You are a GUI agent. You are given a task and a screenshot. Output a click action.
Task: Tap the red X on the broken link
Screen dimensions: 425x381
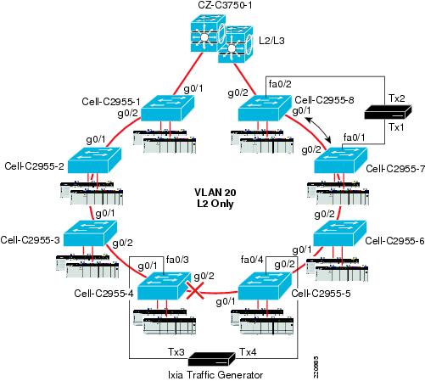click(195, 291)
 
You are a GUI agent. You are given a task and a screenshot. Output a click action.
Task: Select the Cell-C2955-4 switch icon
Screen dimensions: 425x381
click(164, 286)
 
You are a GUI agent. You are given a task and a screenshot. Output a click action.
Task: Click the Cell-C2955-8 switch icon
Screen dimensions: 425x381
click(265, 108)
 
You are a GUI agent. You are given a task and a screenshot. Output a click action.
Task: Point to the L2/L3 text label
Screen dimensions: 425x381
click(271, 41)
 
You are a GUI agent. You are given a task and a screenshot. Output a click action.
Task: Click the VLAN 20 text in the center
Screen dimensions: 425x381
click(215, 193)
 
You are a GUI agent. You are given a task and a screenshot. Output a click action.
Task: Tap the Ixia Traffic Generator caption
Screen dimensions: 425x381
click(215, 375)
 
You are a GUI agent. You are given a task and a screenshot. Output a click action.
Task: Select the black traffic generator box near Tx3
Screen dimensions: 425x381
click(212, 359)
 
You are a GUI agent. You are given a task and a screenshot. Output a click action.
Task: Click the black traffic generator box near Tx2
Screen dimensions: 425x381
click(388, 112)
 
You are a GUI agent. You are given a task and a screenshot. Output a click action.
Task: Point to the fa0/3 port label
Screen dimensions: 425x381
click(177, 260)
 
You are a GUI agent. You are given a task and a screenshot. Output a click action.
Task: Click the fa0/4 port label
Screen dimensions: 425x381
click(252, 260)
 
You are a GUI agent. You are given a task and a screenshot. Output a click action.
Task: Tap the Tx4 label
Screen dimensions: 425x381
click(248, 352)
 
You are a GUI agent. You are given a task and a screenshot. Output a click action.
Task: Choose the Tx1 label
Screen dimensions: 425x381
click(396, 127)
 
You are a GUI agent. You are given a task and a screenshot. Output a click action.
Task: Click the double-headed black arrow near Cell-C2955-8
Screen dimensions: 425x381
click(319, 131)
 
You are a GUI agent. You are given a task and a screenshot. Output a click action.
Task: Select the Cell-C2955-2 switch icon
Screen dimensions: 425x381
click(95, 160)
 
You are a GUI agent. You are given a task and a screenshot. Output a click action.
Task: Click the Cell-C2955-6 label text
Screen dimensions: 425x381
click(394, 241)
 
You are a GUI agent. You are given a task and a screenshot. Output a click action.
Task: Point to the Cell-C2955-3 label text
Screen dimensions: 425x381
click(31, 240)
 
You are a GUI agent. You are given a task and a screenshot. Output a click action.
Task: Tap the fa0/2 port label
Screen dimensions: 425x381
click(280, 84)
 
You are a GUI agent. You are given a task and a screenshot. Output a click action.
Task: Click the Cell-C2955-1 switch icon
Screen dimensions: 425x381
click(168, 108)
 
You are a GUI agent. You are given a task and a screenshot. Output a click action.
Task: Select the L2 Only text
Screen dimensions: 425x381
click(215, 204)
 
